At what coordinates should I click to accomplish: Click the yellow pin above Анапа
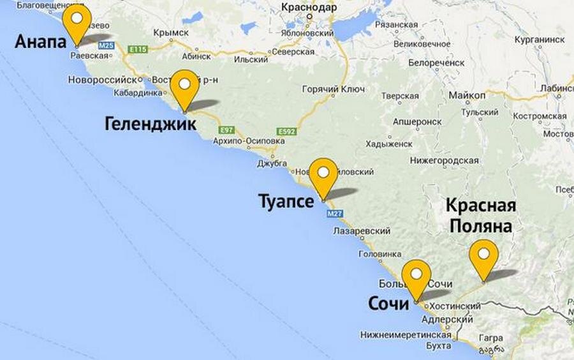pyautogui.click(x=77, y=19)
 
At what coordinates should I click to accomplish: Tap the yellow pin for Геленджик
pyautogui.click(x=186, y=84)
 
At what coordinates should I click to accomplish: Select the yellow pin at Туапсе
pyautogui.click(x=323, y=173)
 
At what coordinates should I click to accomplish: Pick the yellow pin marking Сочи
pyautogui.click(x=416, y=274)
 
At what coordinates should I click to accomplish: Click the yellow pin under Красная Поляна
pyautogui.click(x=484, y=254)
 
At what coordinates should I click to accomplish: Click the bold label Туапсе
pyautogui.click(x=286, y=202)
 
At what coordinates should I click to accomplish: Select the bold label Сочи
pyautogui.click(x=388, y=304)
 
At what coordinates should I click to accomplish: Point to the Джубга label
pyautogui.click(x=272, y=163)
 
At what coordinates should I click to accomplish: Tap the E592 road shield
pyautogui.click(x=288, y=131)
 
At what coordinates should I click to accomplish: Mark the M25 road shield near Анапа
pyautogui.click(x=107, y=46)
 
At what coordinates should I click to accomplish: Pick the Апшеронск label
pyautogui.click(x=417, y=121)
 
